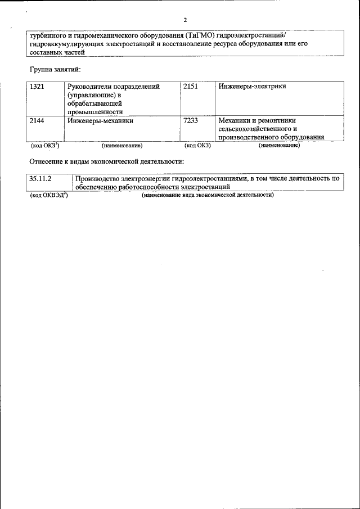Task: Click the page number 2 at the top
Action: pyautogui.click(x=184, y=20)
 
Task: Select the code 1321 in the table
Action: pyautogui.click(x=37, y=87)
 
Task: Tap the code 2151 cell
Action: pyautogui.click(x=191, y=87)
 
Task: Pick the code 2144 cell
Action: pyautogui.click(x=37, y=120)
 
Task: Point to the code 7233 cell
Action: pyautogui.click(x=191, y=120)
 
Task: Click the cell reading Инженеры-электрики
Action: pyautogui.click(x=252, y=87)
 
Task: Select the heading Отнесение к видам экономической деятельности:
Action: pyautogui.click(x=106, y=161)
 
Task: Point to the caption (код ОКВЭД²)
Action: pyautogui.click(x=48, y=195)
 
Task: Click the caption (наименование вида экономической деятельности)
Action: pyautogui.click(x=208, y=195)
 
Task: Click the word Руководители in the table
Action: pyautogui.click(x=91, y=87)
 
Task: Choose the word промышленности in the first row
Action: pyautogui.click(x=94, y=112)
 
